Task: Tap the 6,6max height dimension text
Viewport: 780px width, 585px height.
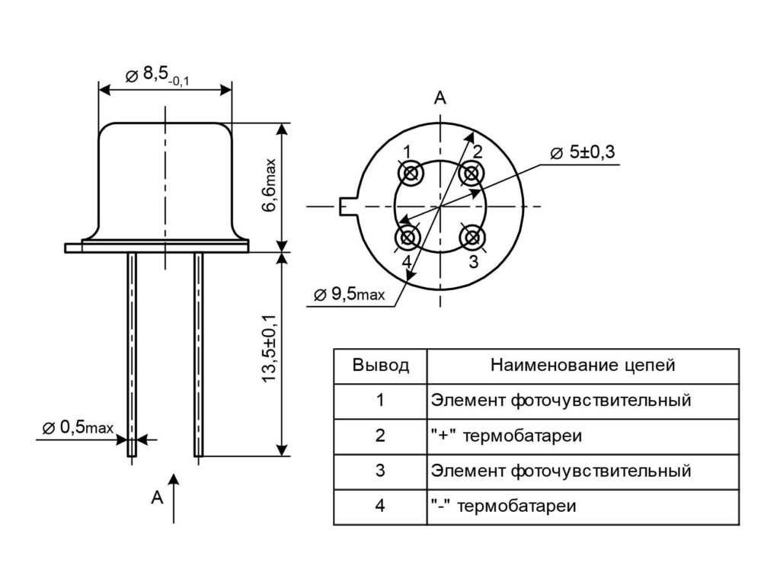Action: click(x=269, y=187)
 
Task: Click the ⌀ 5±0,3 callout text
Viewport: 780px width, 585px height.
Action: click(x=582, y=152)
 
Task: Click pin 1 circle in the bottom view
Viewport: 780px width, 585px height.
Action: click(x=412, y=174)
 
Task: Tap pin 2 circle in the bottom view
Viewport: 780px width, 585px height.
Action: click(x=472, y=174)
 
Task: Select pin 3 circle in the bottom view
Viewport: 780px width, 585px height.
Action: click(x=472, y=237)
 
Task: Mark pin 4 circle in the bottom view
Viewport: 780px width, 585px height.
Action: click(x=409, y=237)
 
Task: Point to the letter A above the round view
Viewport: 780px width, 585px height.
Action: click(x=440, y=97)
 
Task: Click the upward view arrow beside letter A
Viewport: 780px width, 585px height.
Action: click(x=174, y=498)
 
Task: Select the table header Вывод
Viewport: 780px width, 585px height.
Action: click(x=380, y=366)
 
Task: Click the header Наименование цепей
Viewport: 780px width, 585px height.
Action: click(x=583, y=366)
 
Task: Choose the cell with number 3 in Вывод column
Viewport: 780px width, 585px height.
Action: click(x=380, y=471)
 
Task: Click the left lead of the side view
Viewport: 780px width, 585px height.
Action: click(x=132, y=354)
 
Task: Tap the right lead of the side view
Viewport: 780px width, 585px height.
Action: click(x=198, y=354)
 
